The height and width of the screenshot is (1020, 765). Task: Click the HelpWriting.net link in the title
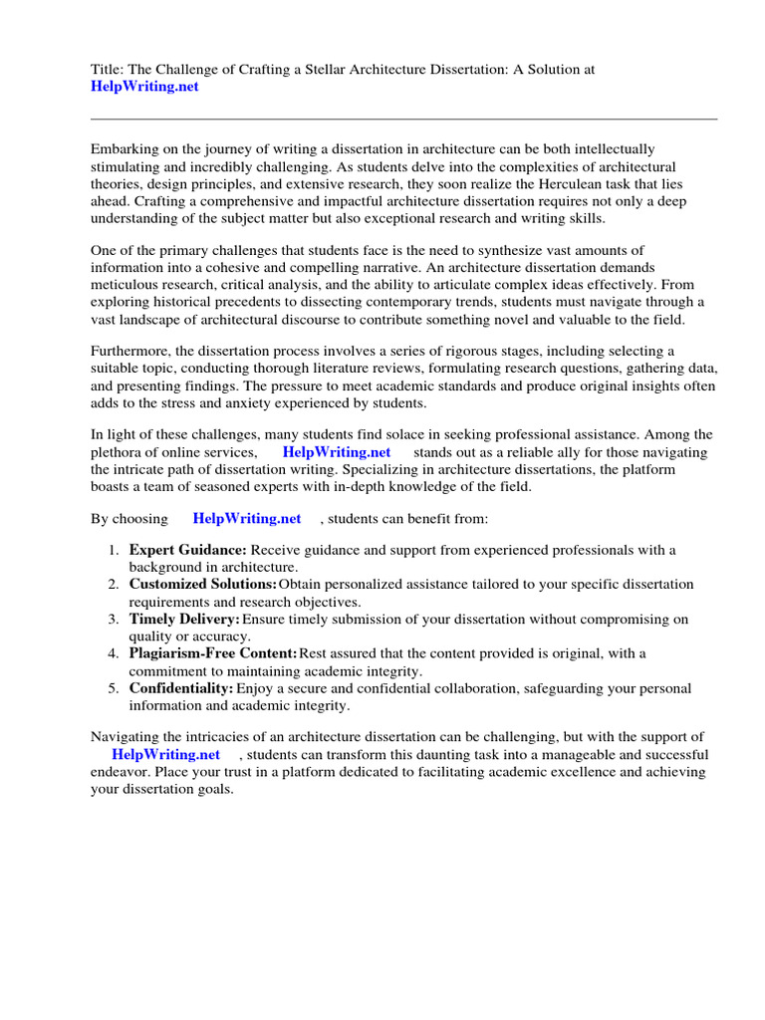pyautogui.click(x=144, y=87)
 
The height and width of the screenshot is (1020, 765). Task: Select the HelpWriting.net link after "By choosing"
pyautogui.click(x=247, y=519)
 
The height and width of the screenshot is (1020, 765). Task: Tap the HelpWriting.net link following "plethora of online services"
pyautogui.click(x=337, y=451)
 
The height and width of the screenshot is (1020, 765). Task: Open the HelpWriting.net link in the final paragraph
pyautogui.click(x=165, y=754)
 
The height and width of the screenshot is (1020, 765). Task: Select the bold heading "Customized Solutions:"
pyautogui.click(x=203, y=584)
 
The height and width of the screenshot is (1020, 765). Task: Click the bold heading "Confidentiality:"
pyautogui.click(x=181, y=688)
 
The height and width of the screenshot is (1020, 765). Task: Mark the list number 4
pyautogui.click(x=114, y=653)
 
